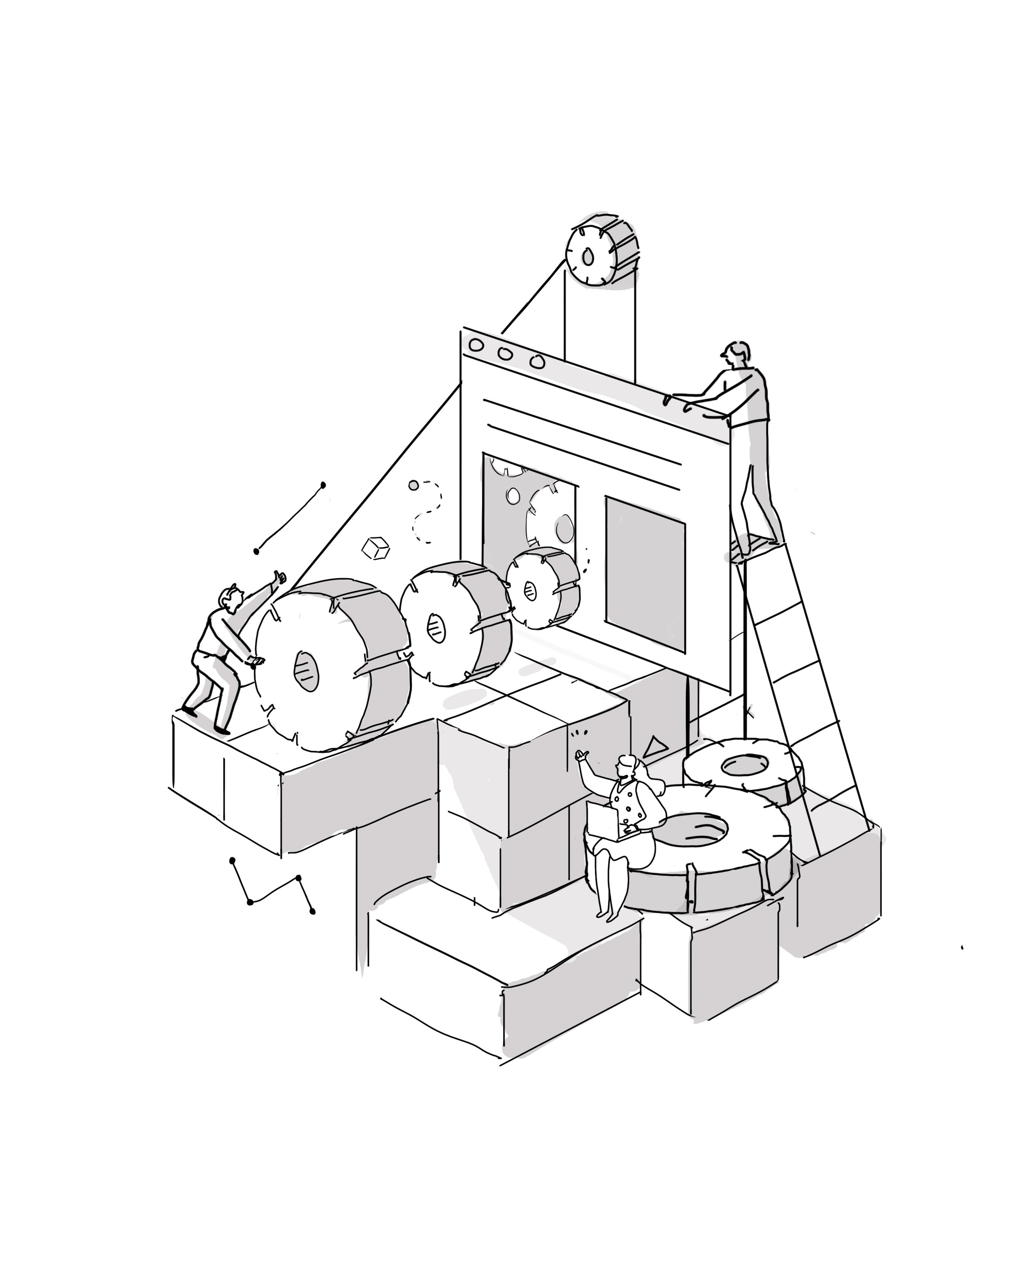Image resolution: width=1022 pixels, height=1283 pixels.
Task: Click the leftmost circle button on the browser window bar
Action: point(475,344)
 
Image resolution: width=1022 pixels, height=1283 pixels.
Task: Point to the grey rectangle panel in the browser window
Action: point(645,574)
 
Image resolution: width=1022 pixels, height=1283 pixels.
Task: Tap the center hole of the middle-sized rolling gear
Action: point(436,628)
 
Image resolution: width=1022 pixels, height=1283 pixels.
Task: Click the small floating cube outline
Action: point(376,548)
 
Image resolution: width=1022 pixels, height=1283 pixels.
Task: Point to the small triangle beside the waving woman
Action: point(655,747)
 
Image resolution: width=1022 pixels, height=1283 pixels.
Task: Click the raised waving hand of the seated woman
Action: point(580,756)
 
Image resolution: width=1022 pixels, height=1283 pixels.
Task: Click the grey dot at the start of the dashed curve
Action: point(413,485)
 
